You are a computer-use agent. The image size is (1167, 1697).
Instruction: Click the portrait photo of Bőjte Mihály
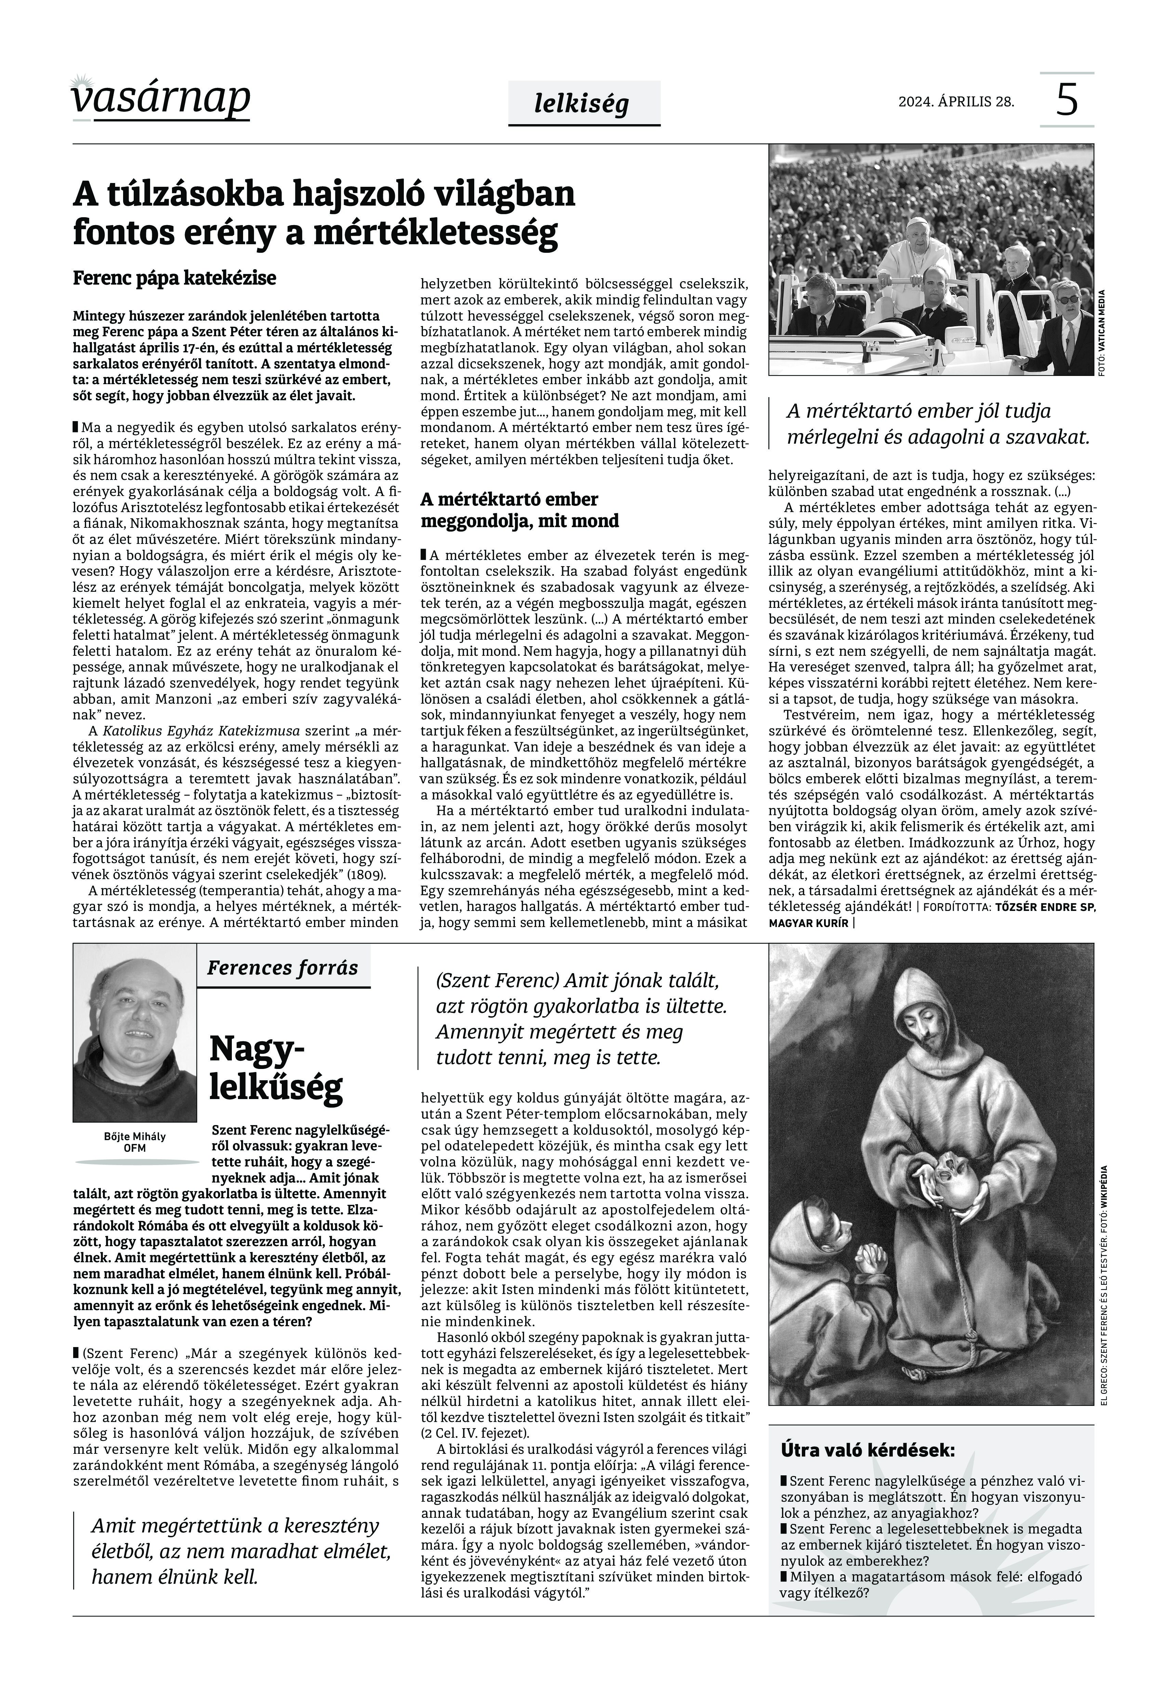(x=134, y=1033)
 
